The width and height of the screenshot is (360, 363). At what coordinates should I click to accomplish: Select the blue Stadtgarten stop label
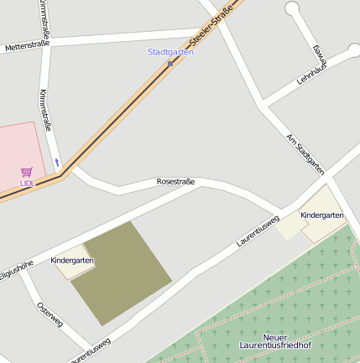(170, 52)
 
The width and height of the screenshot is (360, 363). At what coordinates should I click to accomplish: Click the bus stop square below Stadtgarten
(170, 63)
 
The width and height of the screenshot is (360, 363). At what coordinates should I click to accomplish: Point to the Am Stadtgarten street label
(305, 153)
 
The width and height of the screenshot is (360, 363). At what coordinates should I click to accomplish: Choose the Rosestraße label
(175, 181)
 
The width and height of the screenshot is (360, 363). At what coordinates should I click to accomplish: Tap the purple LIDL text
(28, 182)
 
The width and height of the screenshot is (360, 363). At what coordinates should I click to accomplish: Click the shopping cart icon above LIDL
(27, 171)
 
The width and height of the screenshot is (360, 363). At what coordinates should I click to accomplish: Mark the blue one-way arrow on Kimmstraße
(57, 161)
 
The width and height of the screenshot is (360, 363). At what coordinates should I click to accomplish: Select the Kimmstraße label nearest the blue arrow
(46, 110)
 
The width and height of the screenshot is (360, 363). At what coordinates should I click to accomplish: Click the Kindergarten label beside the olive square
(72, 261)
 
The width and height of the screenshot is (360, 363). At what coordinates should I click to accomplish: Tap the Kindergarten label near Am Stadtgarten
(322, 215)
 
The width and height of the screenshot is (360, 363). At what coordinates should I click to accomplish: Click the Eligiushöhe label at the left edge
(15, 273)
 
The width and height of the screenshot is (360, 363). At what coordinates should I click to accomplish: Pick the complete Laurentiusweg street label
(258, 230)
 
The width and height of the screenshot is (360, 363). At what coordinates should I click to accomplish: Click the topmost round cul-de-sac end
(292, 9)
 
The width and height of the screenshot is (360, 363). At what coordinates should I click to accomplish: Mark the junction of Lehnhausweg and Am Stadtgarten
(265, 105)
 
